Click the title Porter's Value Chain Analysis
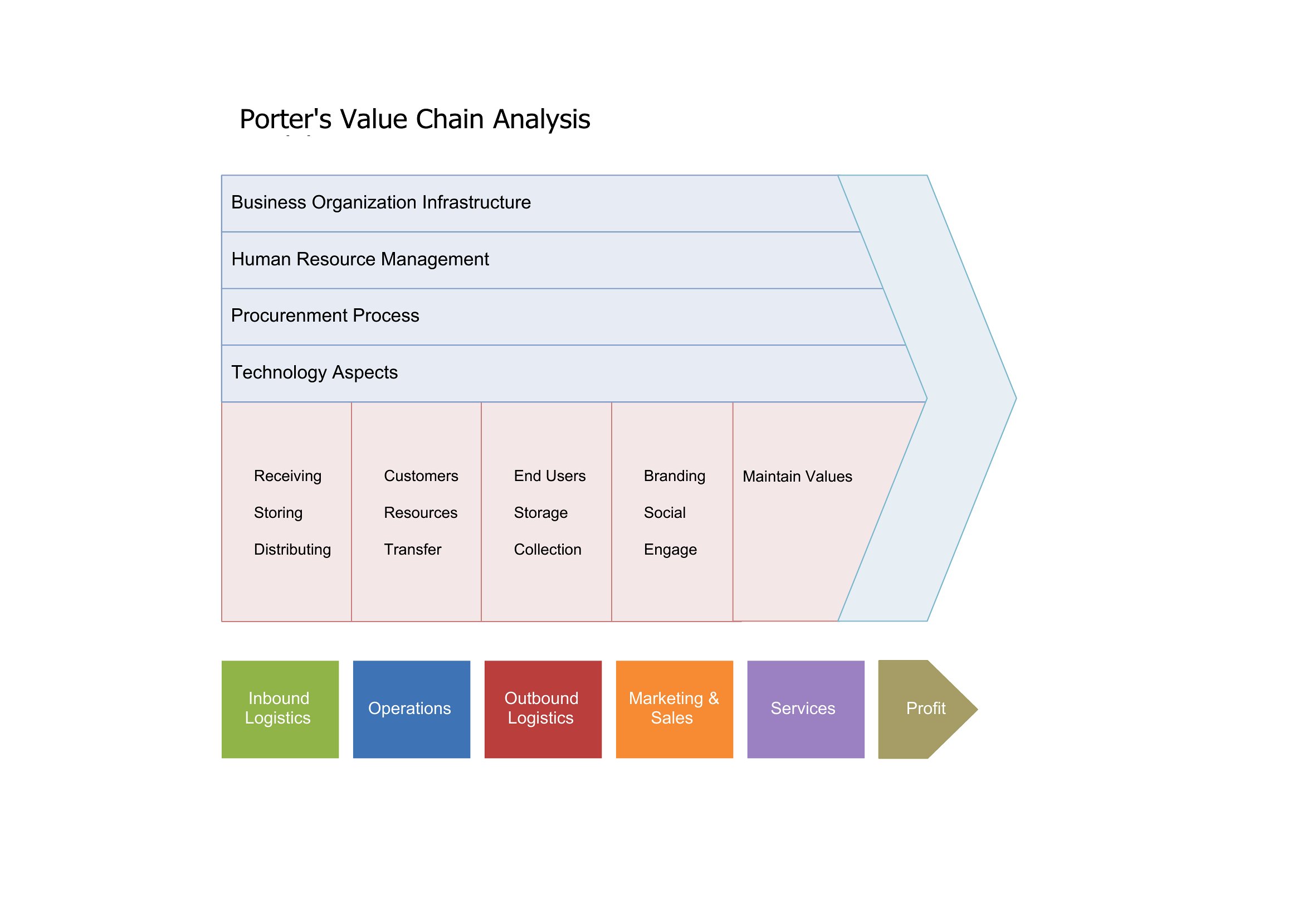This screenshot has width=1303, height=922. pyautogui.click(x=415, y=120)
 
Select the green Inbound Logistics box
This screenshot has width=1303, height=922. pyautogui.click(x=280, y=709)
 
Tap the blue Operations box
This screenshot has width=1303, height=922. pyautogui.click(x=412, y=709)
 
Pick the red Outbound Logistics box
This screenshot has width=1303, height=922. pyautogui.click(x=543, y=709)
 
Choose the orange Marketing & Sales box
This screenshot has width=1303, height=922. pyautogui.click(x=674, y=709)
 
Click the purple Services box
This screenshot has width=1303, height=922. pyautogui.click(x=806, y=709)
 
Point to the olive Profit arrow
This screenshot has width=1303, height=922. pyautogui.click(x=928, y=709)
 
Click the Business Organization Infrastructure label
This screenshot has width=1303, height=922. pyautogui.click(x=381, y=203)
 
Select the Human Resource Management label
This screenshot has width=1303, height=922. pyautogui.click(x=360, y=259)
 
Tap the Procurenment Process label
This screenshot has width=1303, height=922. pyautogui.click(x=325, y=316)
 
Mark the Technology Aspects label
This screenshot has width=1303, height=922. pyautogui.click(x=314, y=373)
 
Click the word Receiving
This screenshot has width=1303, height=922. pyautogui.click(x=287, y=476)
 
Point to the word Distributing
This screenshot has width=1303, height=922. pyautogui.click(x=292, y=550)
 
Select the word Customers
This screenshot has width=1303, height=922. pyautogui.click(x=421, y=475)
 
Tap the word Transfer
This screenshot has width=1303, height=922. pyautogui.click(x=413, y=550)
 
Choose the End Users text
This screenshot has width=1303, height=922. pyautogui.click(x=550, y=475)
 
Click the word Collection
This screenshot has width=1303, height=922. pyautogui.click(x=548, y=550)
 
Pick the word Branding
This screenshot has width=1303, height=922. pyautogui.click(x=675, y=476)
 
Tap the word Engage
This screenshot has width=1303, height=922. pyautogui.click(x=670, y=550)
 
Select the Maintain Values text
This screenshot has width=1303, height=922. pyautogui.click(x=797, y=476)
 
